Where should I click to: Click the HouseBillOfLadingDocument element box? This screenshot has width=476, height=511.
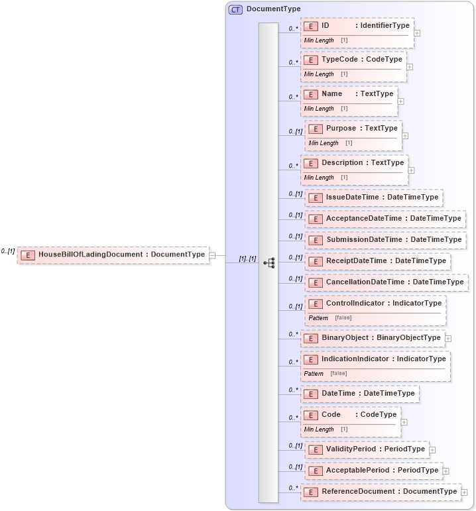pyautogui.click(x=113, y=255)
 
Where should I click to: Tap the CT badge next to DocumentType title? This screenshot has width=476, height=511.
pyautogui.click(x=235, y=9)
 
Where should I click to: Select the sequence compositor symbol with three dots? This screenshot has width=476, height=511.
pyautogui.click(x=268, y=262)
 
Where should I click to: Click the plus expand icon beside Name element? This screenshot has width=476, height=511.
pyautogui.click(x=401, y=101)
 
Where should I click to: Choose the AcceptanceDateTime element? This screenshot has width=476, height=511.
pyautogui.click(x=385, y=219)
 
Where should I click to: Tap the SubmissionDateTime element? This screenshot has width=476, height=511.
pyautogui.click(x=385, y=240)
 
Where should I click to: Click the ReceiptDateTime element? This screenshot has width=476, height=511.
pyautogui.click(x=378, y=261)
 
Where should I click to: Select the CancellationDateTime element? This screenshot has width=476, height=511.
pyautogui.click(x=387, y=282)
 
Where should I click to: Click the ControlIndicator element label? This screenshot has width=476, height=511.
pyautogui.click(x=375, y=304)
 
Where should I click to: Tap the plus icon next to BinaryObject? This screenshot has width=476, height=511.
pyautogui.click(x=449, y=339)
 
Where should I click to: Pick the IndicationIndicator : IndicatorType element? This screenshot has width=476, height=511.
pyautogui.click(x=375, y=359)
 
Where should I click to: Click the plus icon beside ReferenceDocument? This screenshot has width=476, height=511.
pyautogui.click(x=465, y=492)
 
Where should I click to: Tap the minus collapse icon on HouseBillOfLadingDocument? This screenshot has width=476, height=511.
pyautogui.click(x=212, y=255)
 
